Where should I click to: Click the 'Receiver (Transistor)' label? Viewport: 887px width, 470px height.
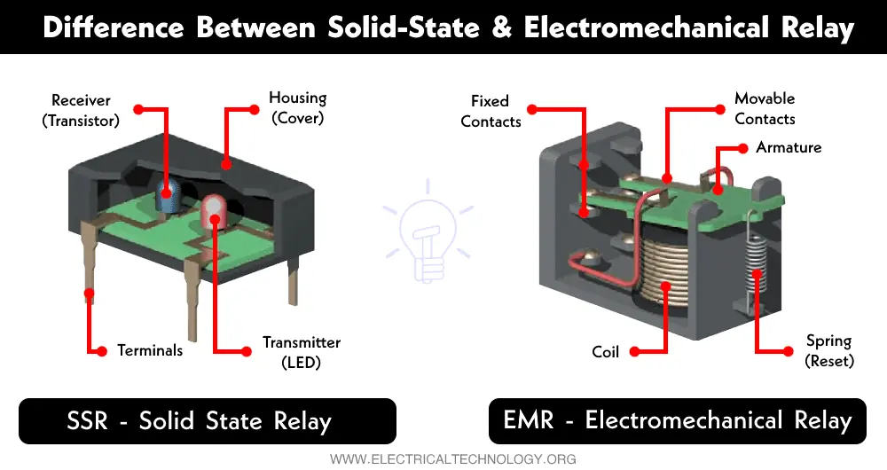[x=81, y=110]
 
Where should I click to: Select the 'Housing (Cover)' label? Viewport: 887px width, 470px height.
[x=297, y=107]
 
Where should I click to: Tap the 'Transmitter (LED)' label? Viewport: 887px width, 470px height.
[x=301, y=352]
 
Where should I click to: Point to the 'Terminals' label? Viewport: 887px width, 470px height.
[x=150, y=350]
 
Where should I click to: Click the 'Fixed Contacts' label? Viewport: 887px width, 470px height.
[x=491, y=112]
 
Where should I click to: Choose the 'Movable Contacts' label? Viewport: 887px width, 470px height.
[x=765, y=108]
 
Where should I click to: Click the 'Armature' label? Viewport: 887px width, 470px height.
[x=789, y=147]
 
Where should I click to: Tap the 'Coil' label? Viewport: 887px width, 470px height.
[x=605, y=352]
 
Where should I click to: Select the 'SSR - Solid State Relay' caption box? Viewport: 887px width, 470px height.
[x=208, y=420]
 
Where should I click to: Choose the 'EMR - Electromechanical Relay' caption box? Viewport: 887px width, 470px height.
[x=678, y=420]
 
